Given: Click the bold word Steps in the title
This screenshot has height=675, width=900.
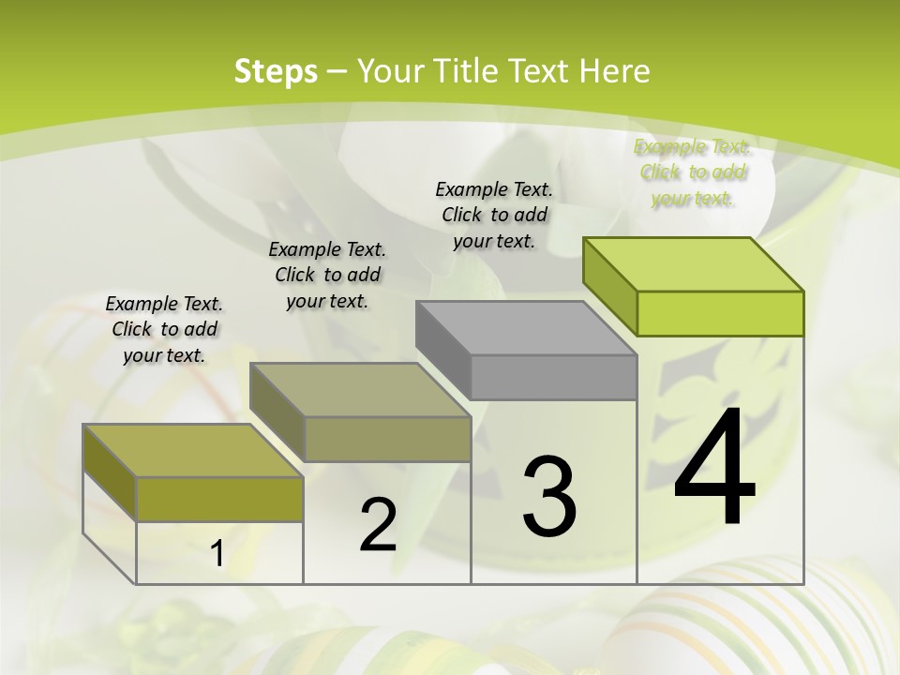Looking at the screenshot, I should coord(276,71).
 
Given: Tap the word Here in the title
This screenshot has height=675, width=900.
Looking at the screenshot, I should coord(615,71).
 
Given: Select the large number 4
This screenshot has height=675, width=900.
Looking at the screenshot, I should coord(714,469).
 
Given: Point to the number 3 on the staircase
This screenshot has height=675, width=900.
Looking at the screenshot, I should coord(549,497).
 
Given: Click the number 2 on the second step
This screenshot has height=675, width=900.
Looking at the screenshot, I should coord(378,525).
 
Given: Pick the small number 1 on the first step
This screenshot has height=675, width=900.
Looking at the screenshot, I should coord(217,554).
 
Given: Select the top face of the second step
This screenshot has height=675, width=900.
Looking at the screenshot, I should coord(360,389).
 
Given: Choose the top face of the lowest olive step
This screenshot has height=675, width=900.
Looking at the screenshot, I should coord(193,451).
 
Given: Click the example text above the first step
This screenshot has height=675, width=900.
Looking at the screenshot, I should coord(164,329).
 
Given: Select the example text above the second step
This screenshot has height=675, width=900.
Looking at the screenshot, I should coord(327,275).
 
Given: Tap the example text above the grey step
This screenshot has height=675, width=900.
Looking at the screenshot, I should coord(494,215).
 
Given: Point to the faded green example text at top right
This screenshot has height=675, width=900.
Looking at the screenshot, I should coord(692,172).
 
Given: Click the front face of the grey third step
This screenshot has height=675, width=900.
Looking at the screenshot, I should coord(553,377).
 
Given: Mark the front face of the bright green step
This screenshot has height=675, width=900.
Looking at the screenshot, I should coord(720,313).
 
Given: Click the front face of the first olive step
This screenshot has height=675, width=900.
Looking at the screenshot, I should coord(219,499).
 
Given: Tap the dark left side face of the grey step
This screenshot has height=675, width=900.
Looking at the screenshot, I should coord(442,350).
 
